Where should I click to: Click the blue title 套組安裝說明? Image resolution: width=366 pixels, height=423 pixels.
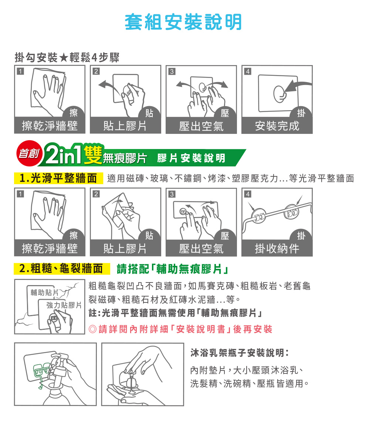click(x=183, y=22)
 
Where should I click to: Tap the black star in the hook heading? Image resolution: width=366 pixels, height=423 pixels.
click(x=63, y=57)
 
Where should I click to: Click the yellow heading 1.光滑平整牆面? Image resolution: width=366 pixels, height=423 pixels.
click(x=58, y=178)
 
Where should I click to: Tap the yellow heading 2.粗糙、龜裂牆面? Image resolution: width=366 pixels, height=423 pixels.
click(x=62, y=268)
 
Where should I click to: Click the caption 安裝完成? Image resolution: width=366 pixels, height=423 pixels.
click(x=277, y=126)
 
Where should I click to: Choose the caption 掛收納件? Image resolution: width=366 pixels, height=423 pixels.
click(x=277, y=248)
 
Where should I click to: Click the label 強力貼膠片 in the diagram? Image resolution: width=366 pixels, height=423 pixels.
click(x=64, y=305)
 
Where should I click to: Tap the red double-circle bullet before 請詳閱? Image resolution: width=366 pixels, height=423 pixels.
click(x=92, y=329)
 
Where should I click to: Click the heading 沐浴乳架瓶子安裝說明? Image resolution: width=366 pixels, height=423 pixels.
click(x=240, y=353)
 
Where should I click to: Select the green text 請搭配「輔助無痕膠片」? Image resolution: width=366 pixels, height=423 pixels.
click(x=173, y=269)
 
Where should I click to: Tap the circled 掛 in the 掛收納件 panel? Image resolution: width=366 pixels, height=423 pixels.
click(x=301, y=236)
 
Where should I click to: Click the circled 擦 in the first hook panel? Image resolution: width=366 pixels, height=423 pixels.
click(x=74, y=113)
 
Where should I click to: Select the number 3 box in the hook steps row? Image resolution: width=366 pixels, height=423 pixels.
click(x=172, y=71)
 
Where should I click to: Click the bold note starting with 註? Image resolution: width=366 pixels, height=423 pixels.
click(x=175, y=313)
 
